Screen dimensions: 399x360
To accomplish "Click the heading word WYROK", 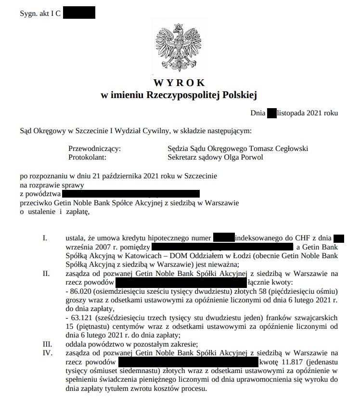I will (x=180, y=83).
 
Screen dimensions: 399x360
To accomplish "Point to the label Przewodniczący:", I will (x=94, y=149).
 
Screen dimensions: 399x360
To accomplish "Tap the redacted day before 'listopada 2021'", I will (x=271, y=113).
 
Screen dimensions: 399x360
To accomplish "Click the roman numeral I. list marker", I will (x=46, y=238).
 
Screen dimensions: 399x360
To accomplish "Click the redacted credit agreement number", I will (x=223, y=238).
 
